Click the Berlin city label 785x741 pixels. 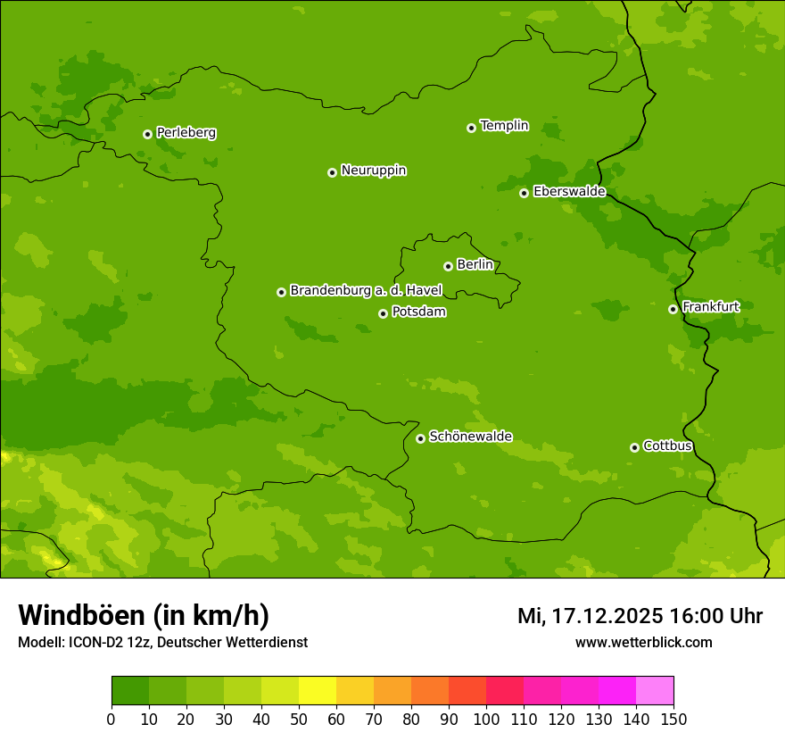pyautogui.click(x=475, y=264)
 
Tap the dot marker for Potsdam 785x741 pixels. pyautogui.click(x=383, y=313)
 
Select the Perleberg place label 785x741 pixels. pyautogui.click(x=186, y=133)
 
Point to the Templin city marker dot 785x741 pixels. pyautogui.click(x=471, y=128)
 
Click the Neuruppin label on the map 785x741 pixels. pyautogui.click(x=373, y=171)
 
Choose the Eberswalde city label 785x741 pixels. pyautogui.click(x=569, y=192)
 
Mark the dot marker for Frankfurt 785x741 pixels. pyautogui.click(x=673, y=309)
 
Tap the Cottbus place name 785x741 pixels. pyautogui.click(x=667, y=445)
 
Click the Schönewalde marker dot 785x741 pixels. pyautogui.click(x=420, y=438)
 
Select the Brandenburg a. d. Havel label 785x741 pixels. pyautogui.click(x=366, y=290)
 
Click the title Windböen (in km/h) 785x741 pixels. pyautogui.click(x=143, y=615)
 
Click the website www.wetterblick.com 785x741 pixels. pyautogui.click(x=643, y=642)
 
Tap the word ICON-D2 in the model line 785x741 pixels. pyautogui.click(x=92, y=643)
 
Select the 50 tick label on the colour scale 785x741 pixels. pyautogui.click(x=299, y=720)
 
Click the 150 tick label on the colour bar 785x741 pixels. pyautogui.click(x=673, y=720)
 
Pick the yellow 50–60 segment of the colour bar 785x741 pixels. pyautogui.click(x=318, y=691)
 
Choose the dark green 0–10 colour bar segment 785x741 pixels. pyautogui.click(x=130, y=691)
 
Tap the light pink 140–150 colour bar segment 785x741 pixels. pyautogui.click(x=655, y=691)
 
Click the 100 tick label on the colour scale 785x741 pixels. pyautogui.click(x=486, y=720)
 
